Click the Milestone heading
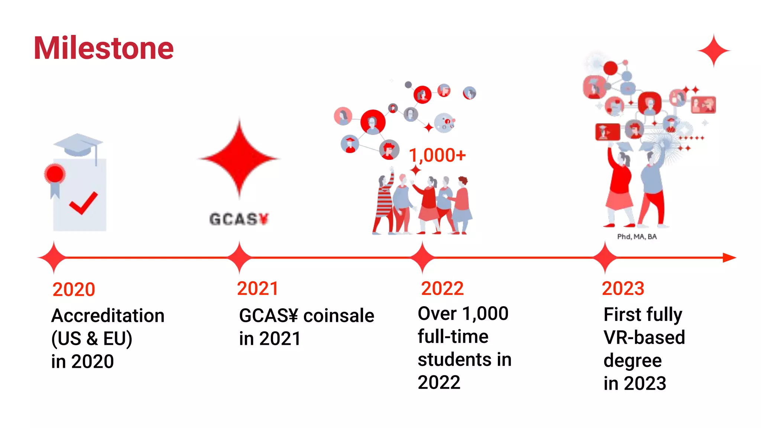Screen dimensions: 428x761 [104, 48]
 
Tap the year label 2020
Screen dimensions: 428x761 [74, 289]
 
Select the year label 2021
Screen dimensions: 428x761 [258, 289]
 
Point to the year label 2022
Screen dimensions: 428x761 [442, 289]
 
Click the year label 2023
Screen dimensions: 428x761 [623, 289]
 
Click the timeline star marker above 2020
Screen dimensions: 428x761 [54, 257]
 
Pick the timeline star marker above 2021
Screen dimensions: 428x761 [239, 257]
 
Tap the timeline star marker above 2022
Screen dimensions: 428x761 [422, 257]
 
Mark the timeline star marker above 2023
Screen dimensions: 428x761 [605, 257]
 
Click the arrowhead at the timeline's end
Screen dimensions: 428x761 [729, 257]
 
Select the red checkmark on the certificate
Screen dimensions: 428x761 [83, 203]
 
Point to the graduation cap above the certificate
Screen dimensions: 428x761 [78, 145]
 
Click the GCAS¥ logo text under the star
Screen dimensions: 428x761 [239, 219]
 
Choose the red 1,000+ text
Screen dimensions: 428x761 [437, 155]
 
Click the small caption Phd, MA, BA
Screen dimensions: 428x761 [637, 237]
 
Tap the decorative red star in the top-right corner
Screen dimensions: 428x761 [713, 51]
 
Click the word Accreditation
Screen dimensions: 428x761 [108, 316]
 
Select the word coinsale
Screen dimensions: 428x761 [339, 316]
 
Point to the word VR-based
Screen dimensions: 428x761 [644, 337]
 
